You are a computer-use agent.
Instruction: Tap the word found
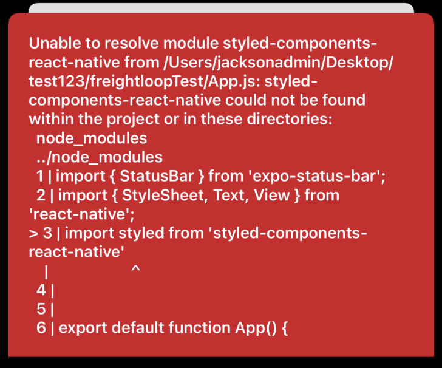(341, 100)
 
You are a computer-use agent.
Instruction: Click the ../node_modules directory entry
(99, 157)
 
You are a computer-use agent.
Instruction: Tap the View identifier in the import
(273, 196)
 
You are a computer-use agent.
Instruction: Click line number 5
(41, 309)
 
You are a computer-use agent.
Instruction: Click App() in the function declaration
(256, 329)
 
